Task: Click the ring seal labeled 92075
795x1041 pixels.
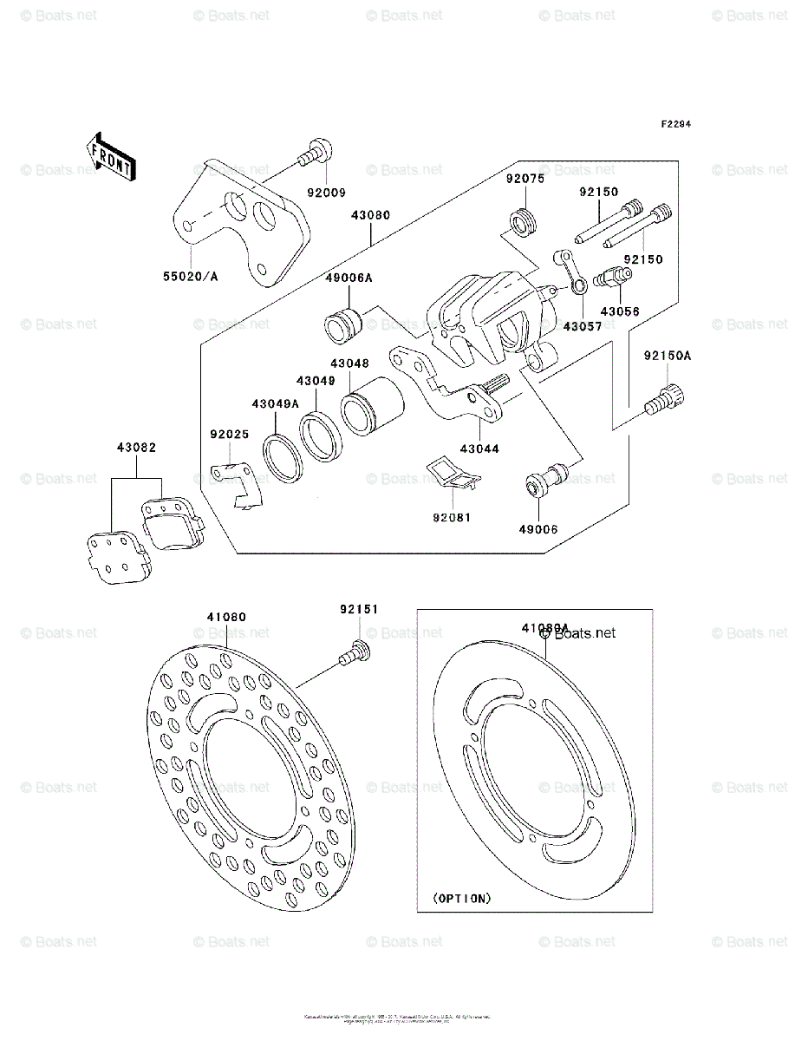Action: (523, 222)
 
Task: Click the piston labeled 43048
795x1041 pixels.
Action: (370, 407)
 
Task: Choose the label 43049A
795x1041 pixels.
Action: (276, 403)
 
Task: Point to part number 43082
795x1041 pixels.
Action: (137, 448)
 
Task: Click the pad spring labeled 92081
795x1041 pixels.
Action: (453, 474)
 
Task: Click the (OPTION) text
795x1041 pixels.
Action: (462, 898)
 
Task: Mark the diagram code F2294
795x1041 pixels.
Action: (676, 125)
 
